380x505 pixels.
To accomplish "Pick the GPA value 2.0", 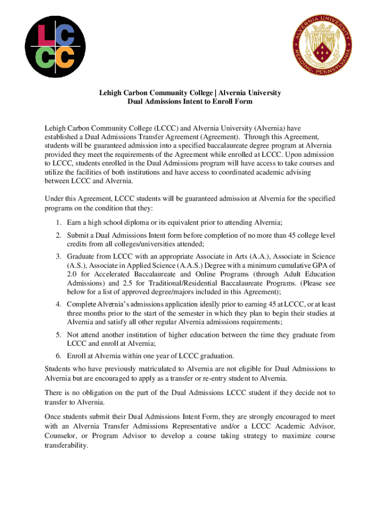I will (x=72, y=274).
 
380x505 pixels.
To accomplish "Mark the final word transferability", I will (x=66, y=445).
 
